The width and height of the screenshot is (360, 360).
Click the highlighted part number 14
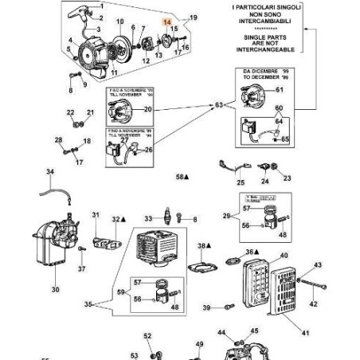coord(166,24)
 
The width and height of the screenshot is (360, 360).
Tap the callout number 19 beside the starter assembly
coord(192,18)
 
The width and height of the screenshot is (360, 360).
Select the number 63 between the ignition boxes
coord(219,105)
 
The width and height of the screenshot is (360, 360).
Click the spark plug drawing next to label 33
coord(166,217)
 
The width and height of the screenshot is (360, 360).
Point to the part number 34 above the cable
coord(49,172)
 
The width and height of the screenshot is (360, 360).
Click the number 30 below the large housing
coord(55,290)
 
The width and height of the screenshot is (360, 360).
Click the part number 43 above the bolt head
coord(317,264)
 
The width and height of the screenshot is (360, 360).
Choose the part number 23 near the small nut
coord(287,178)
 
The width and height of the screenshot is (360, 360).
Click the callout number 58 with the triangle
coord(182,177)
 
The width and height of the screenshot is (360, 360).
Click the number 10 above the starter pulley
coord(120,22)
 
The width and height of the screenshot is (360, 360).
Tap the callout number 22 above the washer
coord(70,113)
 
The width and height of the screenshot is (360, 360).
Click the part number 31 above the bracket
coord(96,215)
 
